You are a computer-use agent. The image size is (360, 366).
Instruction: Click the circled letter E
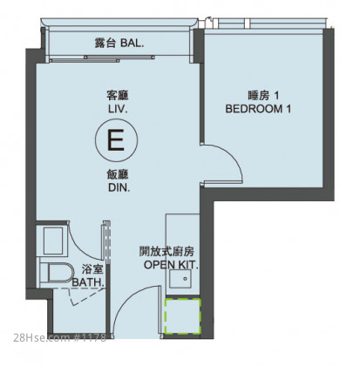click(x=117, y=140)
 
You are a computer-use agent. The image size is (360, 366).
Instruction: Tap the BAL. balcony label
click(x=132, y=44)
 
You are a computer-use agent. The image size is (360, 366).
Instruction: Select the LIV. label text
click(x=119, y=110)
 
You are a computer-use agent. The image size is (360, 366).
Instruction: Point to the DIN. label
click(x=119, y=187)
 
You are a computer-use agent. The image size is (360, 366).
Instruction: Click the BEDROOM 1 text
click(x=258, y=109)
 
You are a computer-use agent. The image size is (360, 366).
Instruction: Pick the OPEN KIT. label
click(x=171, y=265)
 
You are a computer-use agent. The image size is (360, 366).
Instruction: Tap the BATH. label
click(x=88, y=282)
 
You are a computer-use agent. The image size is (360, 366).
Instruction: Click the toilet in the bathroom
click(x=57, y=274)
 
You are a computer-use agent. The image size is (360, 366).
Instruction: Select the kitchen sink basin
click(x=180, y=279)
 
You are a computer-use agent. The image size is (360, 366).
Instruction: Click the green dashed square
click(x=183, y=315)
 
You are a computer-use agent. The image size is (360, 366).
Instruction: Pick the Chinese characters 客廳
click(x=118, y=95)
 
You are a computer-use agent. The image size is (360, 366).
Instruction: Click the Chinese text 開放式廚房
click(x=166, y=252)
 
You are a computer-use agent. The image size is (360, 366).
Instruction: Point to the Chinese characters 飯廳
click(x=118, y=175)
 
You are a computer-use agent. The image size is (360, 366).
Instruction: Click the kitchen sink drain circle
click(x=186, y=279)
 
